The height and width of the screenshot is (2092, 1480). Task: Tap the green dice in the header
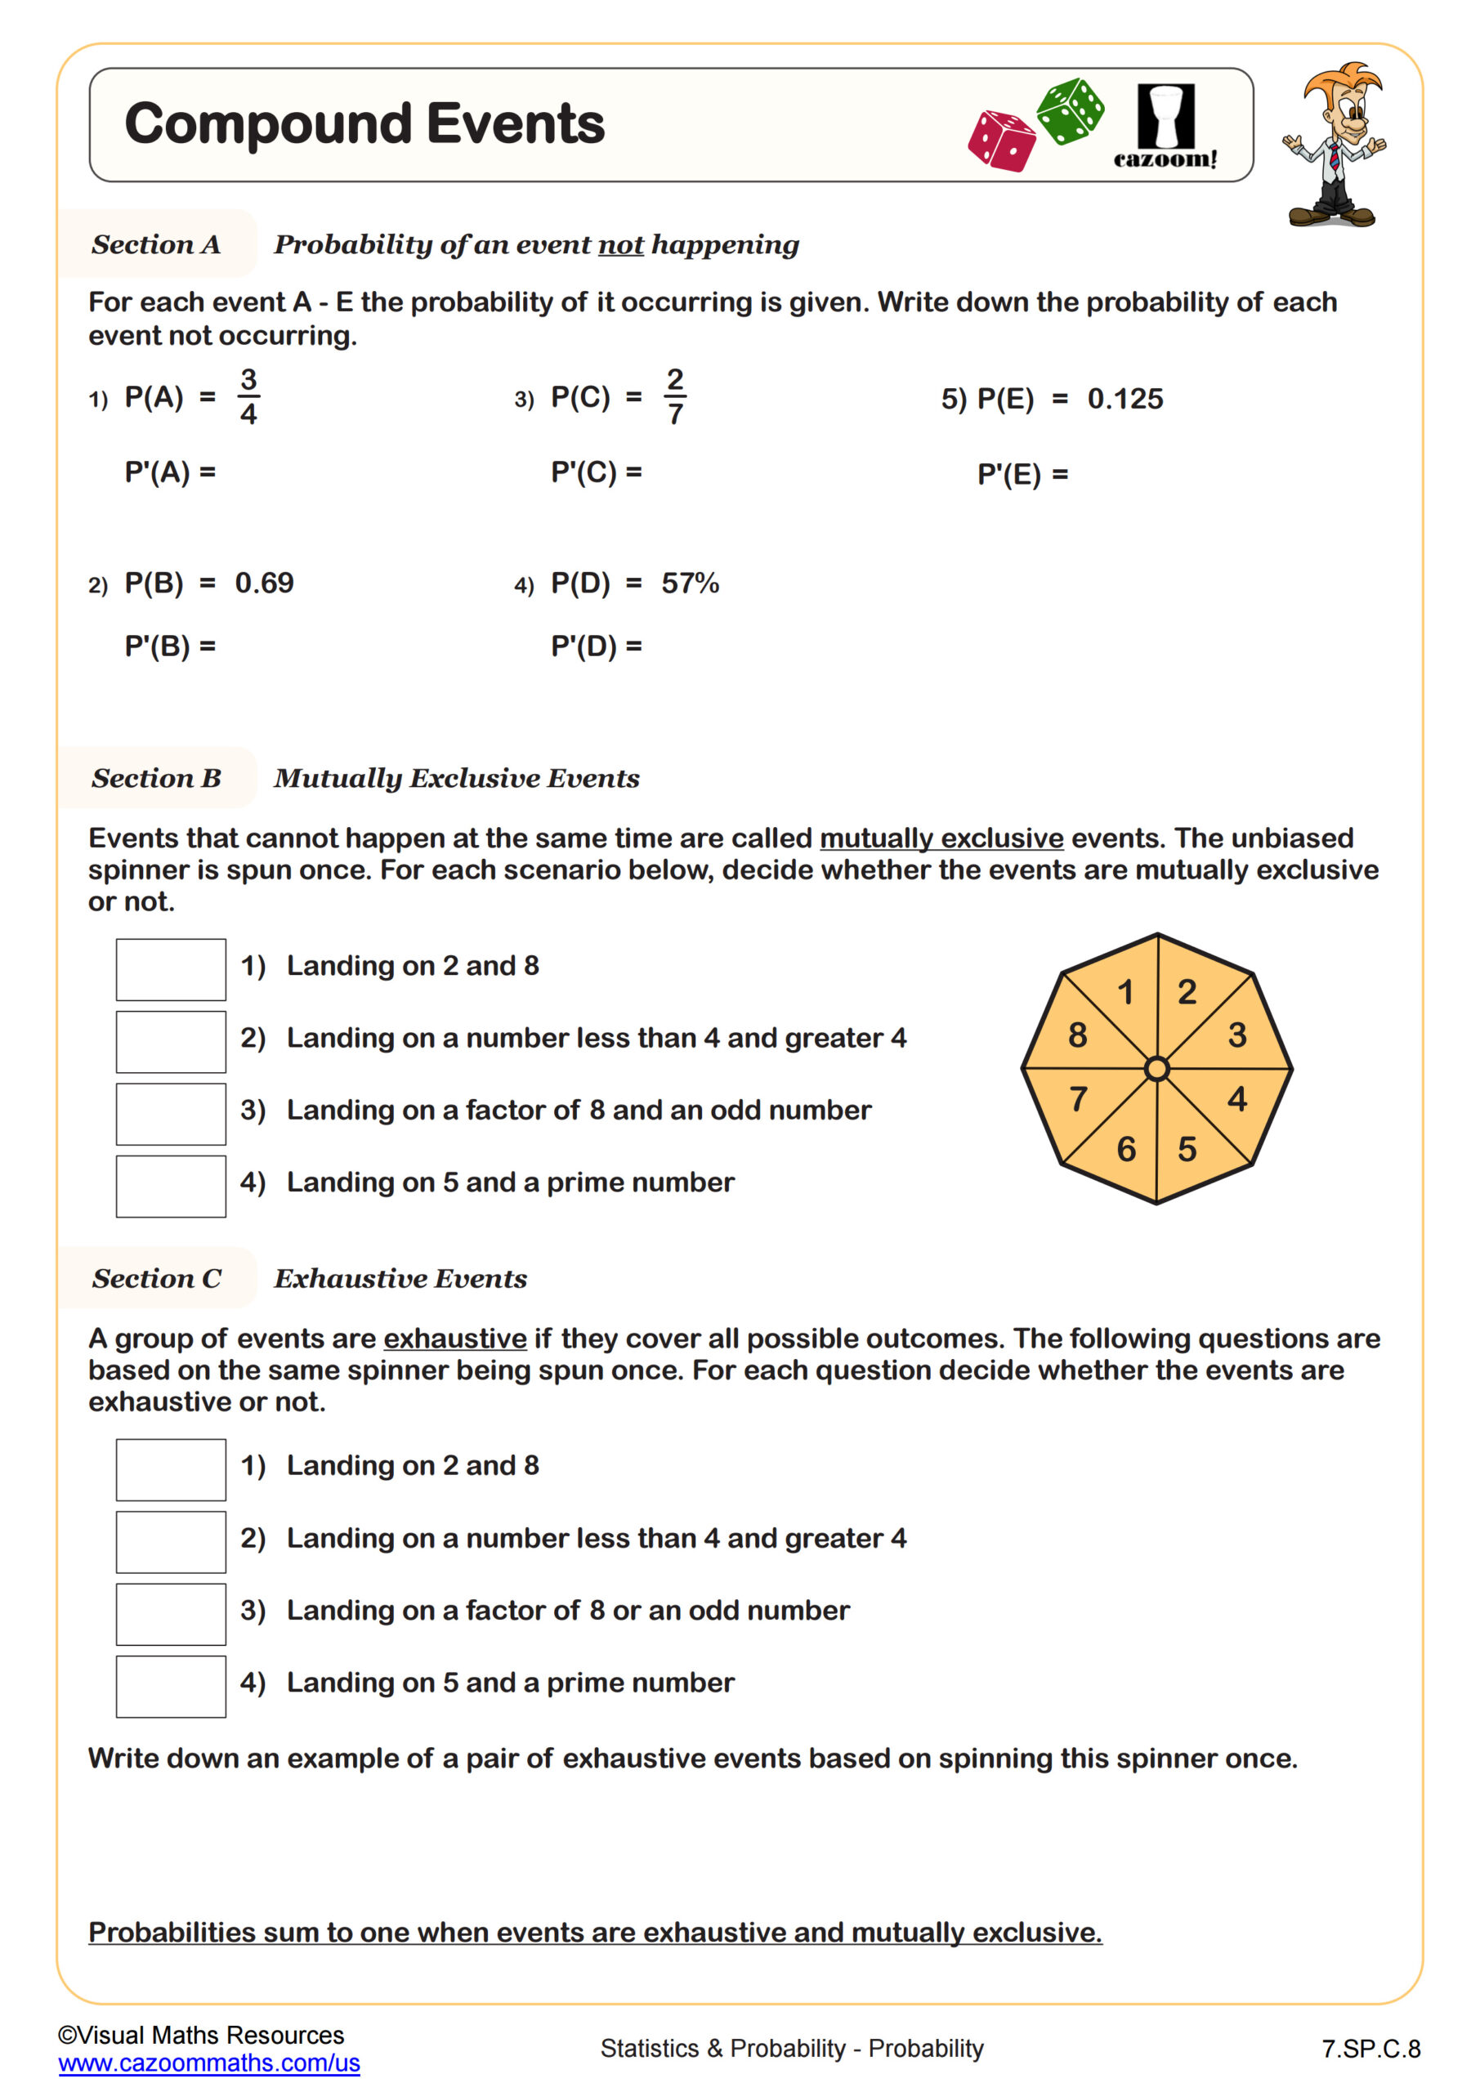(x=1071, y=111)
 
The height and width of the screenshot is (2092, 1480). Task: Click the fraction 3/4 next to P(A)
(x=248, y=396)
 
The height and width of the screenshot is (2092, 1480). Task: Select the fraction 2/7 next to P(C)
(x=674, y=396)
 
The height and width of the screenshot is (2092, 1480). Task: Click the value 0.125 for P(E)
(x=1125, y=399)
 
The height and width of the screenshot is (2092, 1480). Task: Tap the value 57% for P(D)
(x=690, y=583)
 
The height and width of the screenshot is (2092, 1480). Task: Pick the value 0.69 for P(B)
(x=264, y=583)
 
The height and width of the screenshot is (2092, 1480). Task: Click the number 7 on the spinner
(x=1078, y=1099)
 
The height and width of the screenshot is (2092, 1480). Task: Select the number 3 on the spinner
(x=1236, y=1035)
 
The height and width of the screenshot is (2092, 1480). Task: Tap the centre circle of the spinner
(x=1156, y=1069)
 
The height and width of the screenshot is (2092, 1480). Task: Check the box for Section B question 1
(x=171, y=969)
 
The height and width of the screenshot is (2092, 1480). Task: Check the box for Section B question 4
(x=171, y=1187)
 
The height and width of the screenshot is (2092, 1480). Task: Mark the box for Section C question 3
(x=171, y=1615)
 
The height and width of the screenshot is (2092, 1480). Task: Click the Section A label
(x=156, y=244)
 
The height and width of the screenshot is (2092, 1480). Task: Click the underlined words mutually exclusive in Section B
(x=941, y=838)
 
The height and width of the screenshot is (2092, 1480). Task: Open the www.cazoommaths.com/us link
(x=208, y=2063)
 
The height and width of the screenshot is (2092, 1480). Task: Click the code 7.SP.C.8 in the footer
(x=1370, y=2050)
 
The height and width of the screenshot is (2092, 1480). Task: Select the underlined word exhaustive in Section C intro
(x=454, y=1339)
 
